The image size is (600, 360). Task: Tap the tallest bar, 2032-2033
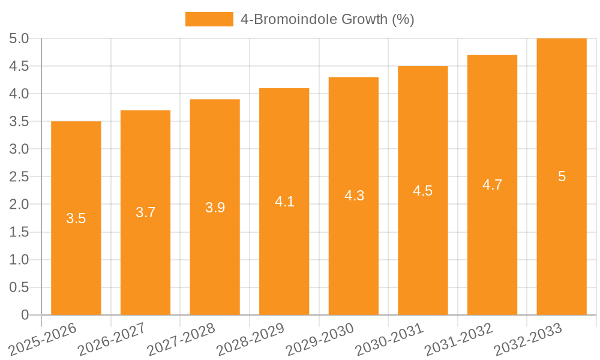562,240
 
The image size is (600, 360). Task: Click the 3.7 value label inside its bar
146,212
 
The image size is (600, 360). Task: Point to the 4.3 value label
354,196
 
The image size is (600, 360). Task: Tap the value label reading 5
562,176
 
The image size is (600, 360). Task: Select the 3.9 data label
215,208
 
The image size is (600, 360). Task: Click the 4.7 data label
493,185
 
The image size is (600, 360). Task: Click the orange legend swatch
209,19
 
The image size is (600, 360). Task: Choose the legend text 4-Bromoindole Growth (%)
328,19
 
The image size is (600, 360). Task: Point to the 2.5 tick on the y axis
19,176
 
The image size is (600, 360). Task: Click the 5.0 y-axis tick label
19,38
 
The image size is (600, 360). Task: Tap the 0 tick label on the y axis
25,315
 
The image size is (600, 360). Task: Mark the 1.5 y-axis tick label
19,232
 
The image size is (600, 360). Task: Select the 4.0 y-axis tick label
19,94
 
